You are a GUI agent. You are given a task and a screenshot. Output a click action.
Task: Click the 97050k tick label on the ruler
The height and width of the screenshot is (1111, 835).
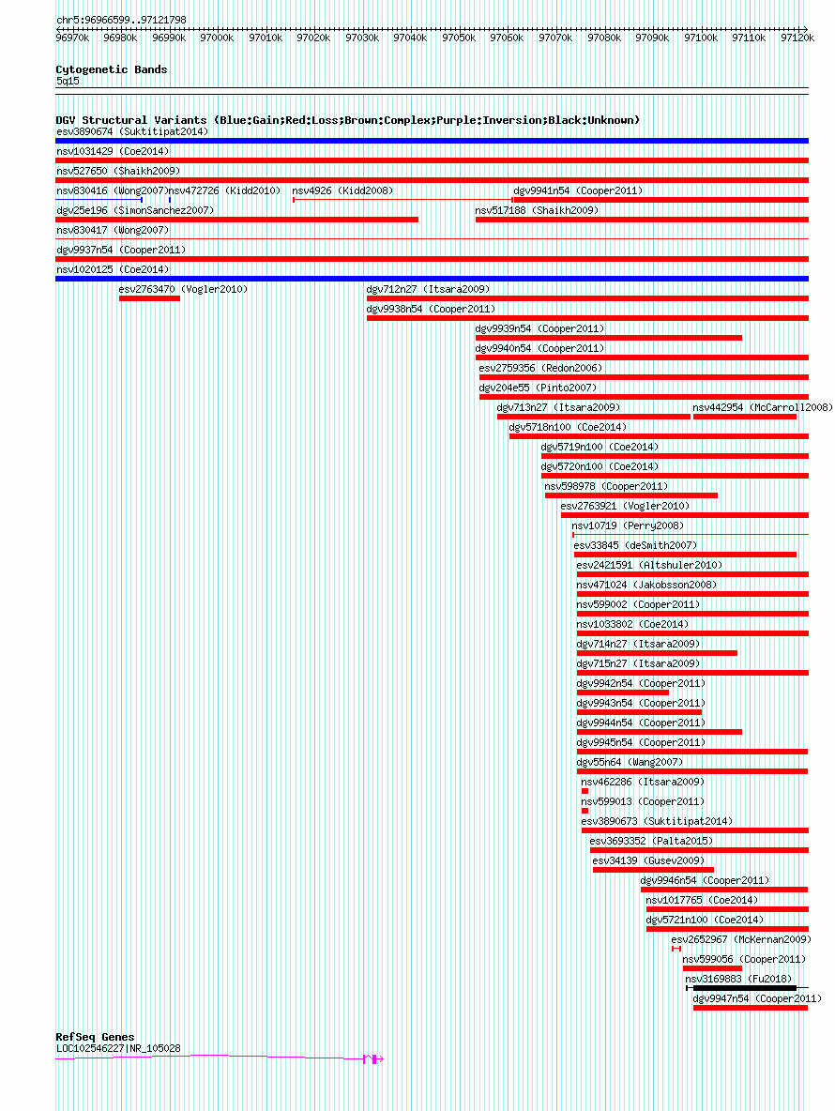coord(459,38)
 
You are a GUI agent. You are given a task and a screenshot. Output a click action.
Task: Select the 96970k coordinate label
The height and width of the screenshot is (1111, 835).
coord(72,38)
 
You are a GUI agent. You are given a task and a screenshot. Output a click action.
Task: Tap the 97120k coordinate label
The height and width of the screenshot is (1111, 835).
coord(797,38)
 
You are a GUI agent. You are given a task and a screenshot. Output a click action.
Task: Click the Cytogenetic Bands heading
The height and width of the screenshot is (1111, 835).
coord(112,69)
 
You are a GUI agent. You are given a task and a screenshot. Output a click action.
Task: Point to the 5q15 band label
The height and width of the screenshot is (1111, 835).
coord(68,81)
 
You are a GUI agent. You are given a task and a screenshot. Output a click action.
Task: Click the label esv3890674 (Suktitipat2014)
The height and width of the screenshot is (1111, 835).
coord(131,131)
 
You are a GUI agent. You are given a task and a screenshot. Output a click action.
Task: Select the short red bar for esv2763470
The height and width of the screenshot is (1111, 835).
coord(149,298)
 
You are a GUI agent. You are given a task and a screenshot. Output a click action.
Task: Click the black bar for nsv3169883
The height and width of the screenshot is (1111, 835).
coord(744,988)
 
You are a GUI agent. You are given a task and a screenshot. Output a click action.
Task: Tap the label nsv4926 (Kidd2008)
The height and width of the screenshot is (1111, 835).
coord(342,190)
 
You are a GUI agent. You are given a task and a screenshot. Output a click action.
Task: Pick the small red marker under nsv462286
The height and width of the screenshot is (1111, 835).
coord(584,791)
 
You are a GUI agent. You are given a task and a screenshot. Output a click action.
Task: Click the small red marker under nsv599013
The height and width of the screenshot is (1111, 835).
coord(584,811)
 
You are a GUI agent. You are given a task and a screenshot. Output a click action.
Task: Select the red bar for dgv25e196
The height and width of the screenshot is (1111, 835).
coord(236,220)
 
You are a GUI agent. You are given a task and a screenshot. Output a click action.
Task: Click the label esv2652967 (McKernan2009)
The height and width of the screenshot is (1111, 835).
coord(741,939)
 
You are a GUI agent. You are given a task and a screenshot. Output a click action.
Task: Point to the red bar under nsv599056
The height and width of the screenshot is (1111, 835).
coord(712,967)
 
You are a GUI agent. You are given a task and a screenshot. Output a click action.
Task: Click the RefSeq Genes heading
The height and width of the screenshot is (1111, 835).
coord(95,1037)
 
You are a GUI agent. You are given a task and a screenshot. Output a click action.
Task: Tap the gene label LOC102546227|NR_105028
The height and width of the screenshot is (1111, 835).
coord(118,1048)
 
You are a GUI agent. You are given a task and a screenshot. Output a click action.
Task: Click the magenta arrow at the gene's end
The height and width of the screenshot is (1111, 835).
coord(380,1059)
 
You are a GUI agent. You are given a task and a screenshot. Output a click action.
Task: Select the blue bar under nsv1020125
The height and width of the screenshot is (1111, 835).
coord(432,280)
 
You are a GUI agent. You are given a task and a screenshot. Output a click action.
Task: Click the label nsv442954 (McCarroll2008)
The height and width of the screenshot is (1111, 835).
coord(763,407)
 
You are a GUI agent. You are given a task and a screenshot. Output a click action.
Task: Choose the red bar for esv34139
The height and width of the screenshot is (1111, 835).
coord(653,870)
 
